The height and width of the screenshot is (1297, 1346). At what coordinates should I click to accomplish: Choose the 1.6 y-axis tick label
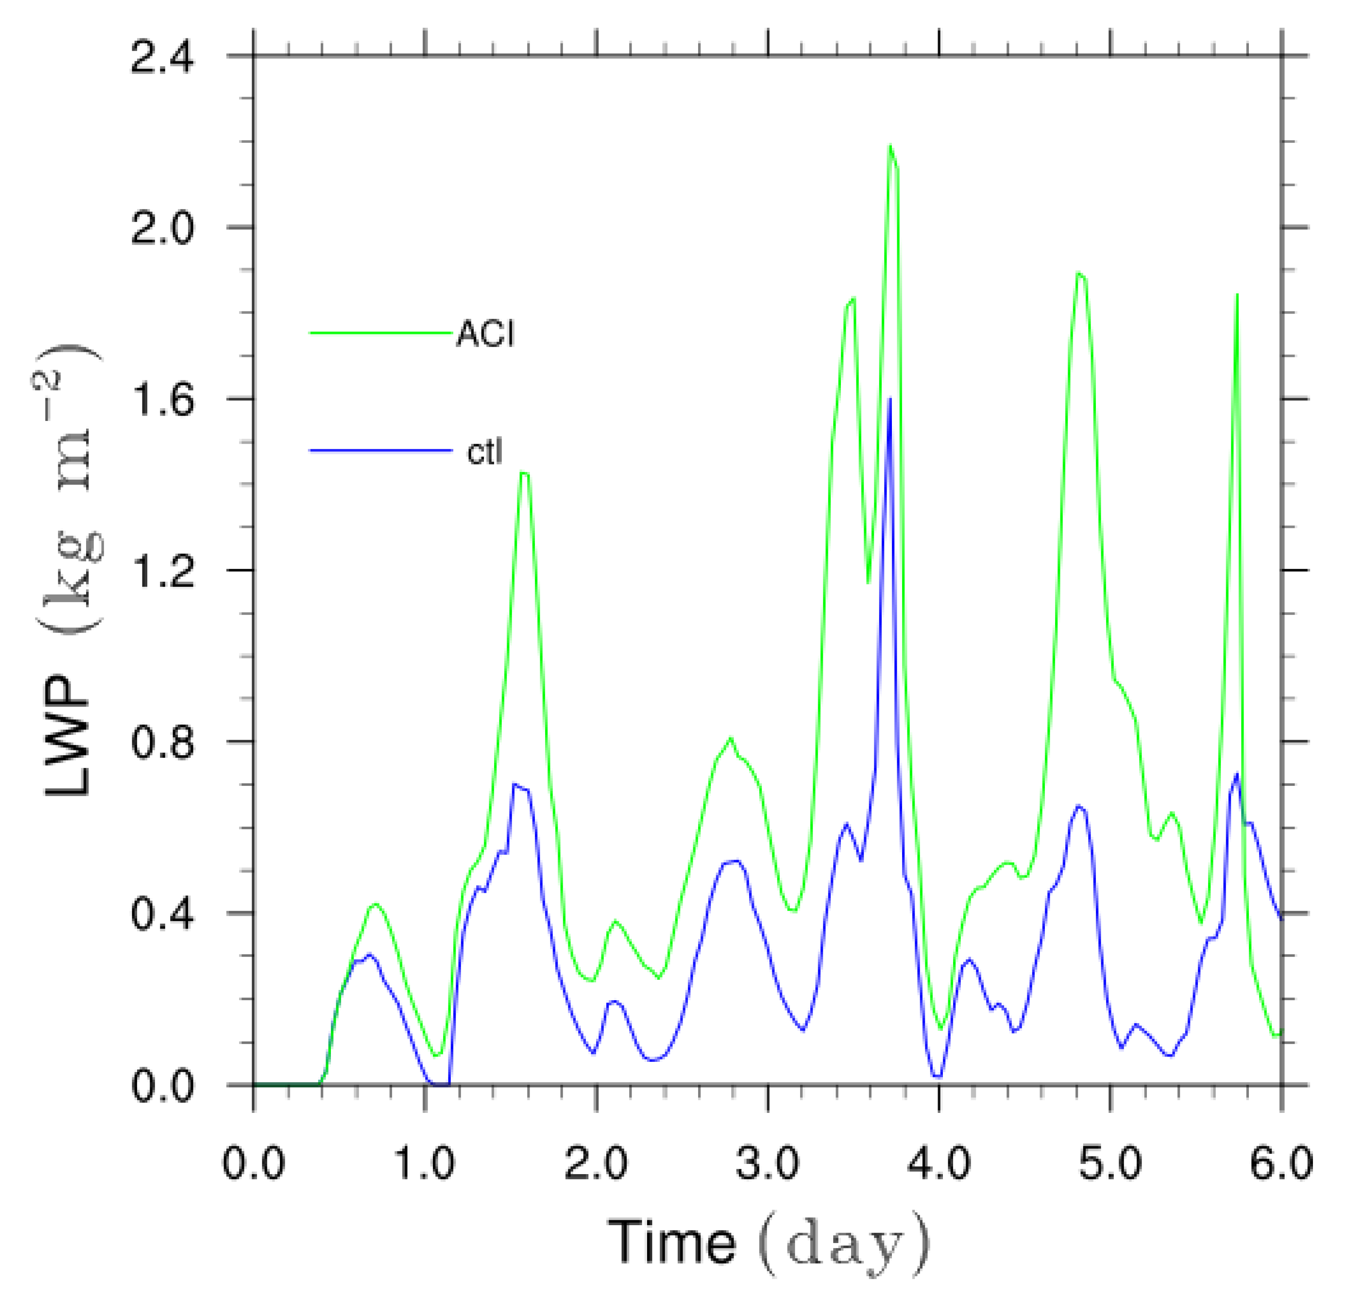[x=163, y=400]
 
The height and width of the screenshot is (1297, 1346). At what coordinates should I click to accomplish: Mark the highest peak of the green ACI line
[x=890, y=146]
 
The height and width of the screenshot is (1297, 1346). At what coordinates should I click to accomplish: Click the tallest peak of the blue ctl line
[x=890, y=398]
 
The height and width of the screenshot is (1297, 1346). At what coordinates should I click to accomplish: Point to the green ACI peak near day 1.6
[x=523, y=473]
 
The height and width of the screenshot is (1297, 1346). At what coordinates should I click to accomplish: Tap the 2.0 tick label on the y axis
[x=163, y=229]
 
